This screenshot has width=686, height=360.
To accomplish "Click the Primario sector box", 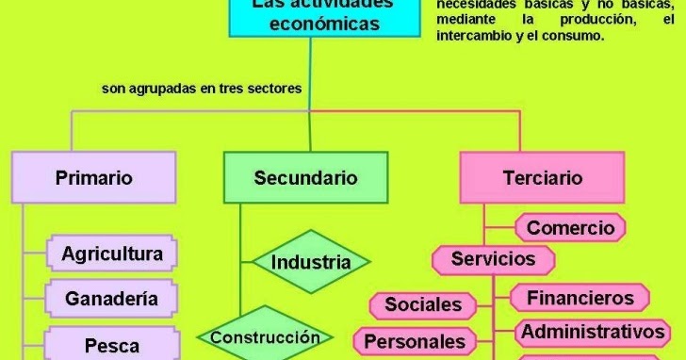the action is [93, 177].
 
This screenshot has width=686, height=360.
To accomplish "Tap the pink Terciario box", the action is [543, 177].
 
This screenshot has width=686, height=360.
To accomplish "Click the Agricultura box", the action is [111, 254].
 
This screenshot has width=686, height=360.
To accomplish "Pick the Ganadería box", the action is [111, 299].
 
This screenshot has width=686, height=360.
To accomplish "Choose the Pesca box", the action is [111, 345].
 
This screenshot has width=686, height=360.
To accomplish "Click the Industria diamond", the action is [310, 261].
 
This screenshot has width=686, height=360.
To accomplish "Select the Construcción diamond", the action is [265, 336].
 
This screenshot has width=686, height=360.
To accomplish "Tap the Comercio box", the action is [570, 227].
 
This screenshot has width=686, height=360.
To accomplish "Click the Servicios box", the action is [493, 258].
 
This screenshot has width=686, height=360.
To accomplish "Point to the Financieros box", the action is [580, 298].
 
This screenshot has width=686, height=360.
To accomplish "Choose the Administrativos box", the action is [594, 332].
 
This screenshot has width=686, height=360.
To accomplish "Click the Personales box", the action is [415, 340].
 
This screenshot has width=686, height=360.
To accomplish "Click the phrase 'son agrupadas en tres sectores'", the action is [202, 90].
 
